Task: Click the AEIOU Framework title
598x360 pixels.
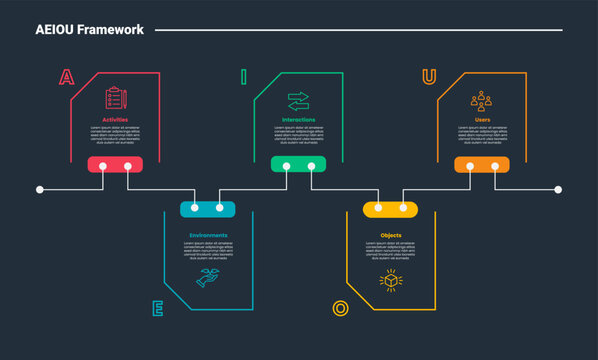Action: pos(90,30)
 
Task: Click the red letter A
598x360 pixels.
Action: pos(66,78)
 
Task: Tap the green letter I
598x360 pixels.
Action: pos(243,77)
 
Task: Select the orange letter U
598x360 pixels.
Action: pos(429,77)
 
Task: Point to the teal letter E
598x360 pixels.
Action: pos(157,308)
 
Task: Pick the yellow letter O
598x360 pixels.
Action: pos(340,308)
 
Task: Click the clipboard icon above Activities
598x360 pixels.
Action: pos(115,99)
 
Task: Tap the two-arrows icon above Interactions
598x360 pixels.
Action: pos(298,101)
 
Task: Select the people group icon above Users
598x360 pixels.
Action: pos(482,100)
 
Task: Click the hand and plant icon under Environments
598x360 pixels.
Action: pos(208,279)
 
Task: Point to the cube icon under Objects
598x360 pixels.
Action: pos(391,281)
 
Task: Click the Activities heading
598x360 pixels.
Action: pos(115,120)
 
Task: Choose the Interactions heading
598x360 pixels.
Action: pos(298,120)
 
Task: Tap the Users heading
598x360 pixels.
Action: pos(482,120)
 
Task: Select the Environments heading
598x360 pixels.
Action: pos(208,236)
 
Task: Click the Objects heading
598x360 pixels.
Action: pos(391,236)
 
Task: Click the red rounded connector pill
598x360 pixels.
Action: pos(115,165)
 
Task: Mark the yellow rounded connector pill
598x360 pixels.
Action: pos(391,209)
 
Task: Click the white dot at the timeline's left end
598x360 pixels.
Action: pos(40,189)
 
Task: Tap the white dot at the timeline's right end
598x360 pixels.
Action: pos(558,189)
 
